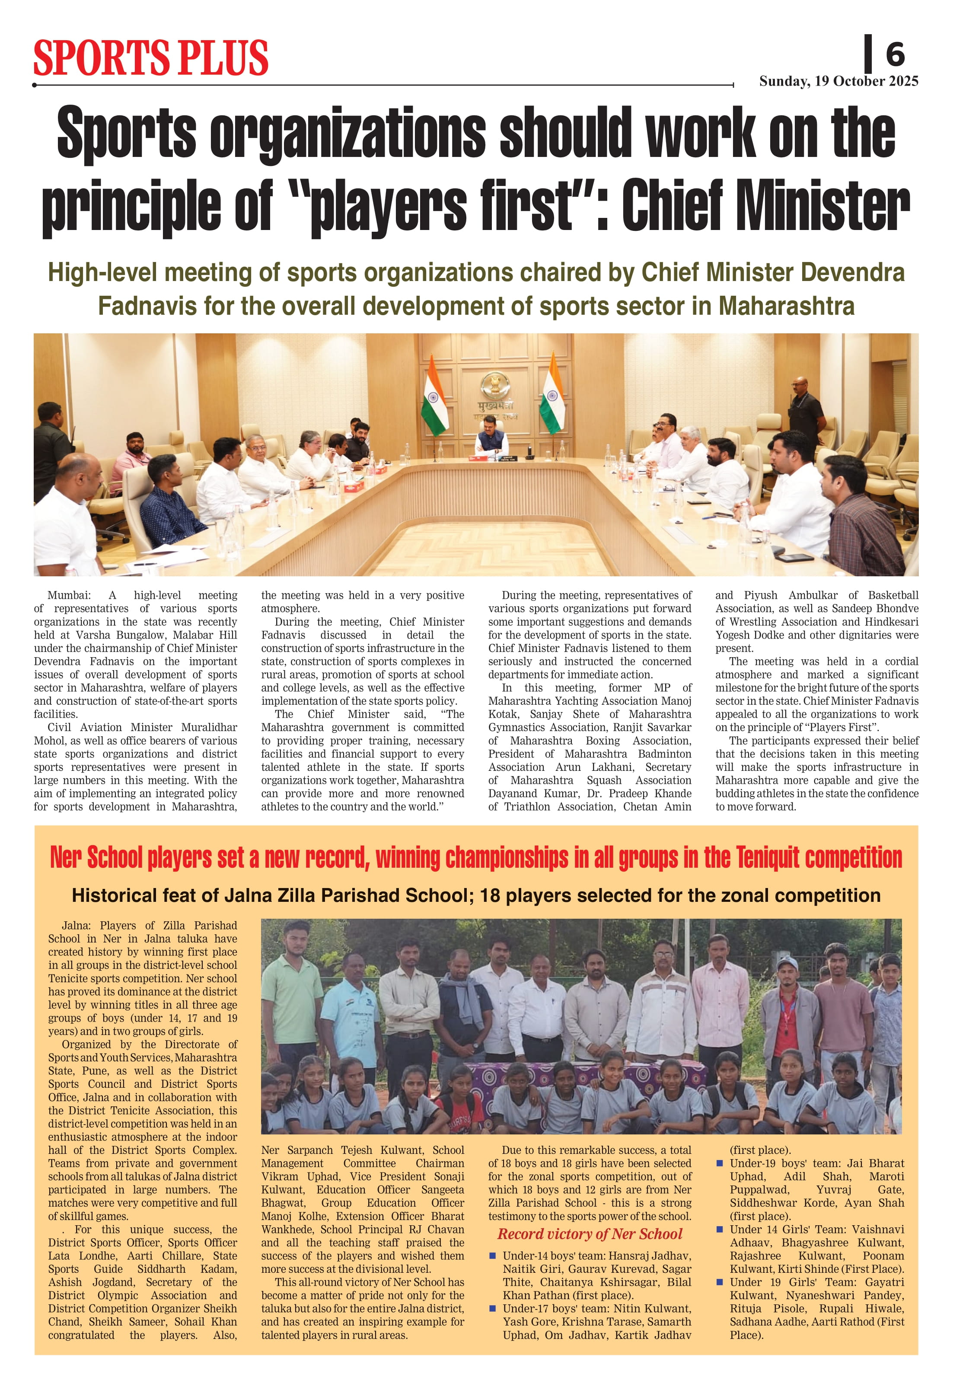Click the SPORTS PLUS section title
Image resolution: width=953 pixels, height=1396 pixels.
[x=151, y=58]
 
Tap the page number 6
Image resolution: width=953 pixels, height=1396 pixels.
[x=895, y=54]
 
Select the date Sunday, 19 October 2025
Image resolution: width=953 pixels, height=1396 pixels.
[x=838, y=81]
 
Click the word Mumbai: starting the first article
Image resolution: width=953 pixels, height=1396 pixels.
[x=69, y=595]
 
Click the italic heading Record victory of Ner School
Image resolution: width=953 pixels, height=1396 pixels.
[x=590, y=1234]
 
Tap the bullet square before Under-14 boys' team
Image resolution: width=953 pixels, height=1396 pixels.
[x=492, y=1255]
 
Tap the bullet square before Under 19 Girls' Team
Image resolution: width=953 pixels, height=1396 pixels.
[x=720, y=1282]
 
